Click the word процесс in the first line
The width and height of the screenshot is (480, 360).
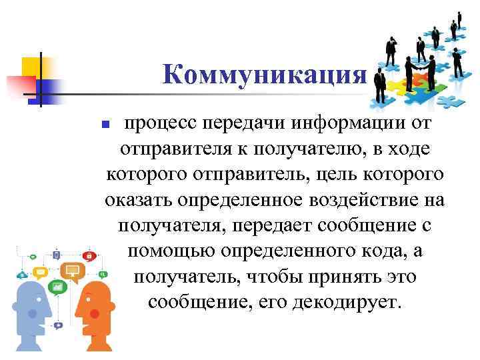[x=155, y=124]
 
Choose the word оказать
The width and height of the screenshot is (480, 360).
[x=137, y=200]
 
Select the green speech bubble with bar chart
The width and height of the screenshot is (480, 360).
[x=58, y=286]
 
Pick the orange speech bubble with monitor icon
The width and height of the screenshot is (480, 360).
[x=72, y=270]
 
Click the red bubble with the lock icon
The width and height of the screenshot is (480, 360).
[x=87, y=255]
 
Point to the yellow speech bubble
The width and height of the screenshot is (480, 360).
[x=39, y=271]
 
